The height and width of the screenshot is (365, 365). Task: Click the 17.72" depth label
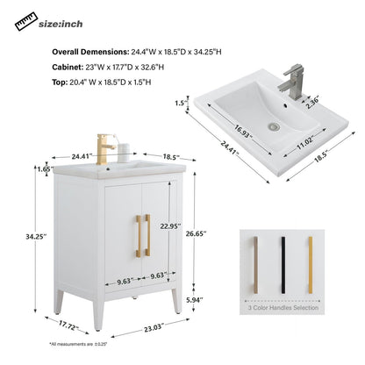69,325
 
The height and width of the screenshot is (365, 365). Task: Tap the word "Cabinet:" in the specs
69,66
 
